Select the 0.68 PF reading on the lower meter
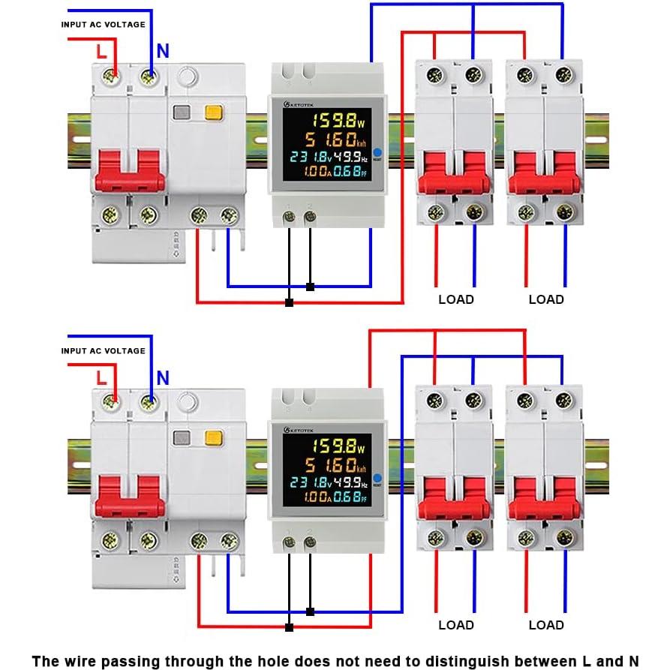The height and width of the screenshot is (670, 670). pos(350,497)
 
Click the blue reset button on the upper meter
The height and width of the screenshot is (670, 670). pos(377,152)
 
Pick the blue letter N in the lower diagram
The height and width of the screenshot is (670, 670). pos(163,377)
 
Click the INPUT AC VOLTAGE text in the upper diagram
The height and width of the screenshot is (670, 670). pos(103,25)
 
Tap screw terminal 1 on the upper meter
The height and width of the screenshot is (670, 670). pos(289,217)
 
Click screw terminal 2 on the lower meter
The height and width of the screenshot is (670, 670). pos(309,542)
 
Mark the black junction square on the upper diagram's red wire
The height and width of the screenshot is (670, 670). pos(289,302)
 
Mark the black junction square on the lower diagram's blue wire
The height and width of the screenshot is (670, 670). pos(310,611)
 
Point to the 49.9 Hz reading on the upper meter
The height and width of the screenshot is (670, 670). pos(351,157)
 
